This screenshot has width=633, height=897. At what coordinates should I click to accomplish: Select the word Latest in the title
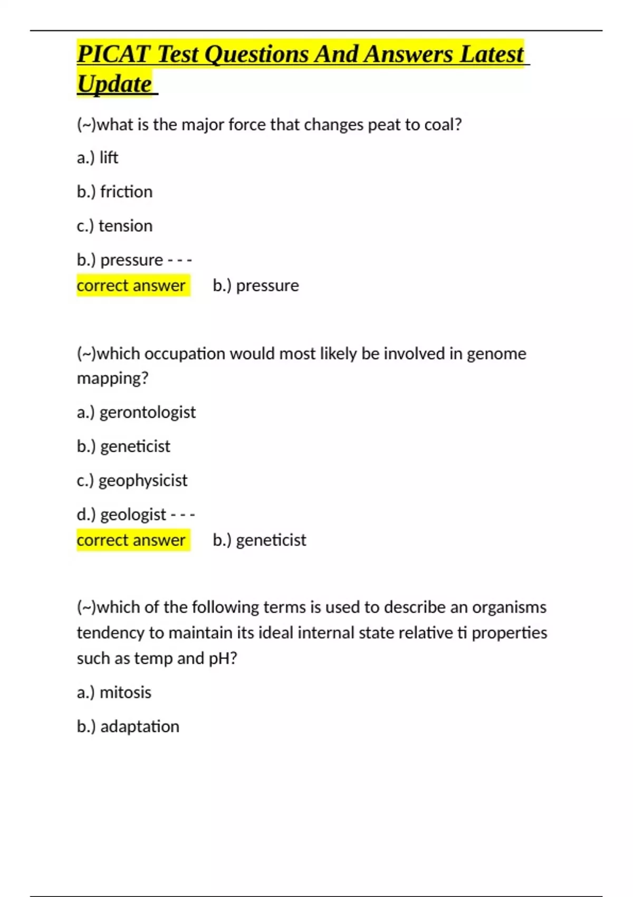(492, 54)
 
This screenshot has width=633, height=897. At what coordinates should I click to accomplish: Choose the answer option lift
(109, 158)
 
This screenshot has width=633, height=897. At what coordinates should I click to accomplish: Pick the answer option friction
(126, 192)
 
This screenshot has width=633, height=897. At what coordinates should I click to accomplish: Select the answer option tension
(126, 226)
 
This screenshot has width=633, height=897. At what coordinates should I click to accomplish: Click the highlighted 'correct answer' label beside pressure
(131, 285)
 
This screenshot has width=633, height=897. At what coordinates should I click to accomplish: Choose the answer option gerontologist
(147, 413)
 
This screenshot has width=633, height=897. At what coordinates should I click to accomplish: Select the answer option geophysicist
(142, 481)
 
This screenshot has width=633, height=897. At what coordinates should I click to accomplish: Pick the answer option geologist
(133, 514)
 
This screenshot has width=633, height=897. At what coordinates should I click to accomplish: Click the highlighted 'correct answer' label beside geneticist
(131, 540)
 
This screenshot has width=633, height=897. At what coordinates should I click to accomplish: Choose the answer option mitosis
(126, 692)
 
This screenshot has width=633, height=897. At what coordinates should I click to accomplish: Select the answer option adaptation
(140, 727)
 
